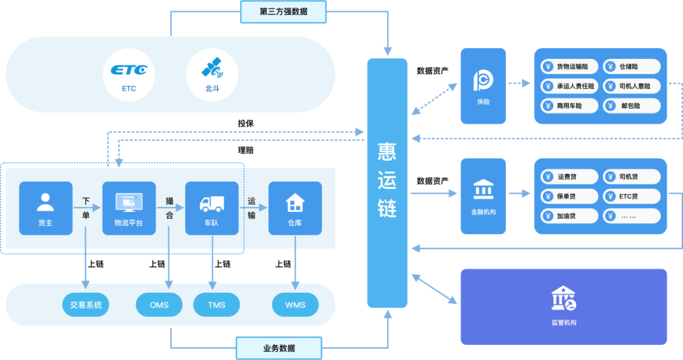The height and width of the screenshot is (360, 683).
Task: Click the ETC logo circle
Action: click(129, 75)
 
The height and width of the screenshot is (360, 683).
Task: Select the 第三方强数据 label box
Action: click(283, 11)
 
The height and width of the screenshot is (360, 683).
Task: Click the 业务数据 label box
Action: click(279, 348)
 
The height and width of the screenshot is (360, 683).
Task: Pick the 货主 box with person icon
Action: click(46, 208)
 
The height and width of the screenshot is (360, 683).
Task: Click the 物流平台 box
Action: click(129, 208)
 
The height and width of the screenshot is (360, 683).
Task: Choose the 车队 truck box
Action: click(212, 208)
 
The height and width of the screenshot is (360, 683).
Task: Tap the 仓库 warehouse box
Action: click(295, 208)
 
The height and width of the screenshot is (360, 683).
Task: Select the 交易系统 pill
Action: click(86, 305)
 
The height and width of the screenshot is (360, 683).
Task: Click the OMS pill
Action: click(159, 305)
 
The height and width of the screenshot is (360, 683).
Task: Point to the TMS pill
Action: click(217, 305)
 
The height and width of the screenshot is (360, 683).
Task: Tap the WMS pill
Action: click(295, 305)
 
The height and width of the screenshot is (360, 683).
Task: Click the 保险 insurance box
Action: click(483, 86)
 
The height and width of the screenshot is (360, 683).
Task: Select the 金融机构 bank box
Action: click(483, 196)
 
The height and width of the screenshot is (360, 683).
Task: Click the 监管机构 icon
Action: click(563, 299)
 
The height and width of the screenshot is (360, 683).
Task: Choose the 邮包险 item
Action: click(631, 106)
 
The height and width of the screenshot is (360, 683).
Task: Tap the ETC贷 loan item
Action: click(631, 196)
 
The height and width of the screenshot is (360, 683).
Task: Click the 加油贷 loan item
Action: click(569, 216)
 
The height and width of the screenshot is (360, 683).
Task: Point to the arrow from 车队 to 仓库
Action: click(253, 208)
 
